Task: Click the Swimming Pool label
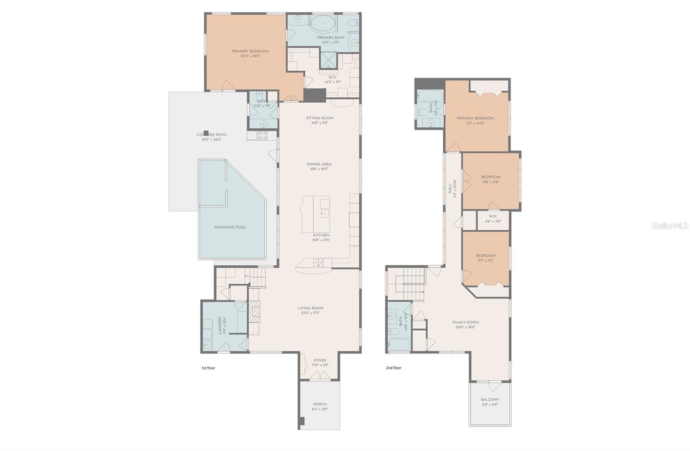point(230,227)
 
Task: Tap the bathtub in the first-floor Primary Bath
point(323,24)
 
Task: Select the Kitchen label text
point(321,235)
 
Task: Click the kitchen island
point(315,214)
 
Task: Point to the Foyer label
point(320,360)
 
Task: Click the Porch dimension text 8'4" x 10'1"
point(320,409)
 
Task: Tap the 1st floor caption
point(208,368)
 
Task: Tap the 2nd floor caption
point(393,368)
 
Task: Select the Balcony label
point(490,400)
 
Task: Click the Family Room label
point(465,322)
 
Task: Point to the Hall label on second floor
point(450,188)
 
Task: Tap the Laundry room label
point(220,324)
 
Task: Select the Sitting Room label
point(320,118)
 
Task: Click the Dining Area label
point(319,164)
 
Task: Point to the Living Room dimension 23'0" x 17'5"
point(310,313)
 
